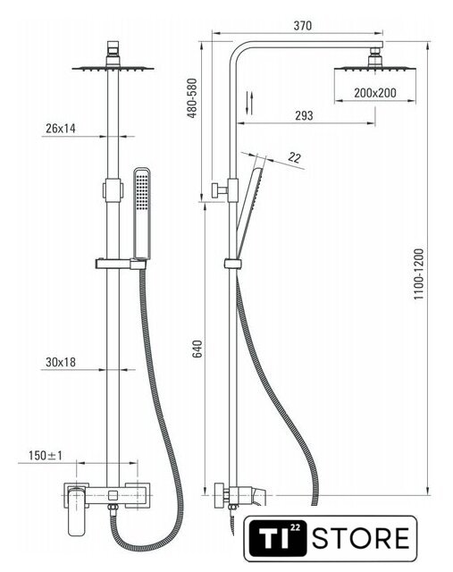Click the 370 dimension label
click(302, 26)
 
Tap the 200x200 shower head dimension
click(375, 93)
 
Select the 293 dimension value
click(304, 115)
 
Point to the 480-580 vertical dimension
click(192, 97)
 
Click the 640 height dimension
click(197, 349)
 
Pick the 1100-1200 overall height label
click(419, 274)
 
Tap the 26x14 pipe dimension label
click(61, 129)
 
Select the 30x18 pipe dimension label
click(61, 362)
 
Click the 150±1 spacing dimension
click(46, 455)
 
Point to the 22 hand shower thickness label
click(294, 157)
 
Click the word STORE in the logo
click(361, 538)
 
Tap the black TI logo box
click(277, 538)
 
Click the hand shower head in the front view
click(142, 213)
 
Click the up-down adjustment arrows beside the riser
click(249, 103)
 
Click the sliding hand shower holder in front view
click(121, 264)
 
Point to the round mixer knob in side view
click(219, 495)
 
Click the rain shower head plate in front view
click(113, 68)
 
